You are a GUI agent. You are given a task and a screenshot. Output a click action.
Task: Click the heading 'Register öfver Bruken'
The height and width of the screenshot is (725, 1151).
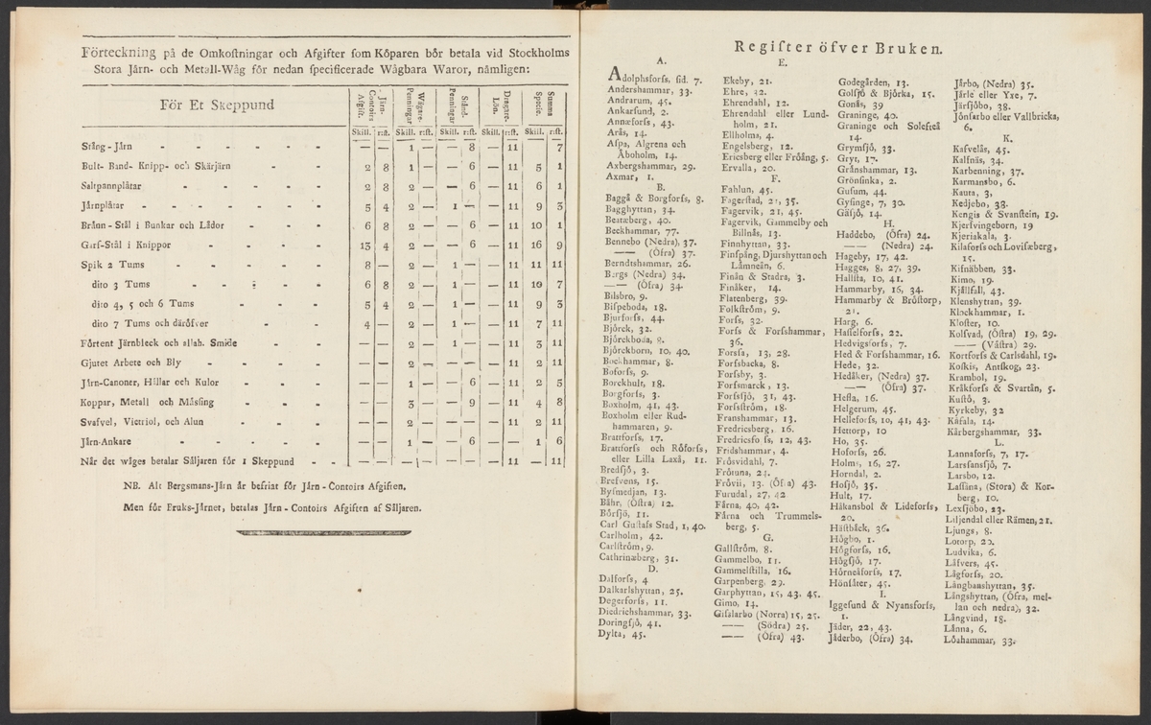click(838, 46)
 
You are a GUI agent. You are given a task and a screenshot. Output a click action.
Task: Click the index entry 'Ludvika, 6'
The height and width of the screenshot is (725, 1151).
click(971, 552)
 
